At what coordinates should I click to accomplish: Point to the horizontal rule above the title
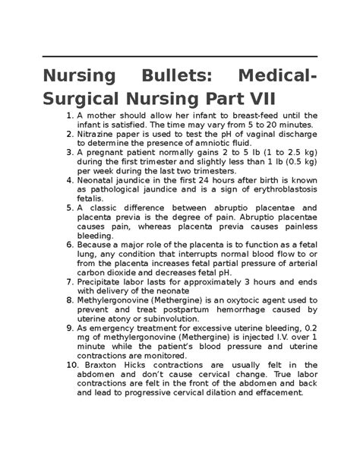(x=179, y=58)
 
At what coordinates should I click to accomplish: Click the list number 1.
(x=70, y=116)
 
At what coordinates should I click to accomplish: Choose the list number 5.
(x=70, y=208)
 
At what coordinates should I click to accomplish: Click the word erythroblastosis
(x=276, y=189)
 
